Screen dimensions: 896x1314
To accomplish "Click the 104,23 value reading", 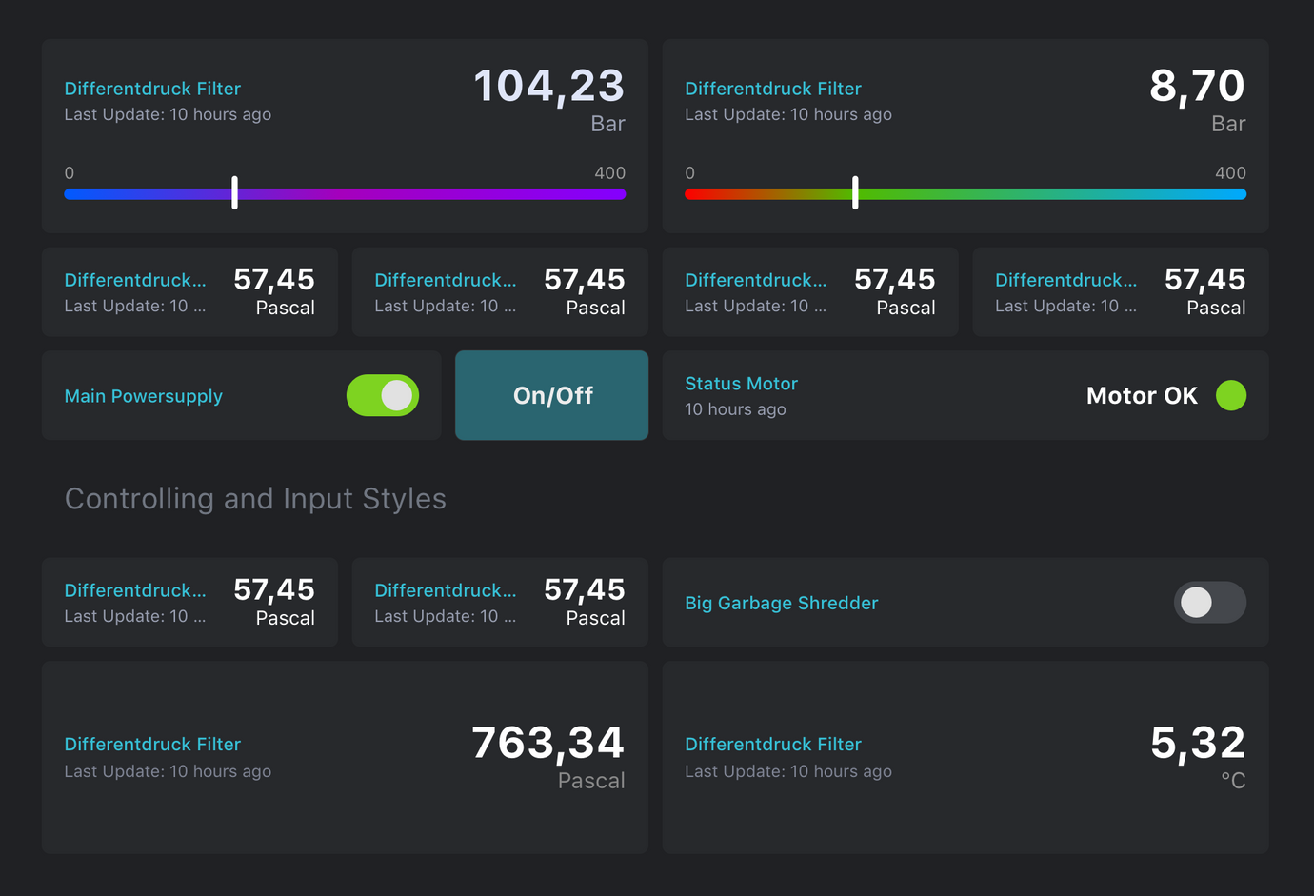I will coord(548,87).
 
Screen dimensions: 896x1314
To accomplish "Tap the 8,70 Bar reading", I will coord(1197,87).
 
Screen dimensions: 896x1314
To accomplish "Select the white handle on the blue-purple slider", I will coord(234,192).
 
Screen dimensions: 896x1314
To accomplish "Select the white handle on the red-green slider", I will coord(855,192).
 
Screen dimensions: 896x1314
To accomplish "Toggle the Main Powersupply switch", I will coord(383,395).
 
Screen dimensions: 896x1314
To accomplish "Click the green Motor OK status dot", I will coord(1230,395).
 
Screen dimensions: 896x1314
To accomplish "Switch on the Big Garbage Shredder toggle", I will coord(1209,602).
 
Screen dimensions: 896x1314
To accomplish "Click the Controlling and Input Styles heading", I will coord(255,499).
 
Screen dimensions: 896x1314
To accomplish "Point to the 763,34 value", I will coord(547,744).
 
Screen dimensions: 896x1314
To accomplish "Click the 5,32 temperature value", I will coord(1197,744).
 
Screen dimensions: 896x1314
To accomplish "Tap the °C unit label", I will coord(1233,781).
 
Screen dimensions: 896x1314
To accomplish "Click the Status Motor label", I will coord(741,384).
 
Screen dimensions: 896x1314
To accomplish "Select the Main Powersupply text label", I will coord(143,396).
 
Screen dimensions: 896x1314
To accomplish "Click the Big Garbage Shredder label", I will coord(781,603).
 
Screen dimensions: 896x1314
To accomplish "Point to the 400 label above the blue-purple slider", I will coord(609,173).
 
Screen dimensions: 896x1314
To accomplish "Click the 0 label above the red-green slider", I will coord(690,173).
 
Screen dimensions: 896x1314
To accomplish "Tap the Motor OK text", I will coord(1142,396).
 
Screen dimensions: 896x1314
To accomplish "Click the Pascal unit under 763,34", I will coord(591,781).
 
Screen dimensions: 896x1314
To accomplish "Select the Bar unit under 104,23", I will coord(607,124).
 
